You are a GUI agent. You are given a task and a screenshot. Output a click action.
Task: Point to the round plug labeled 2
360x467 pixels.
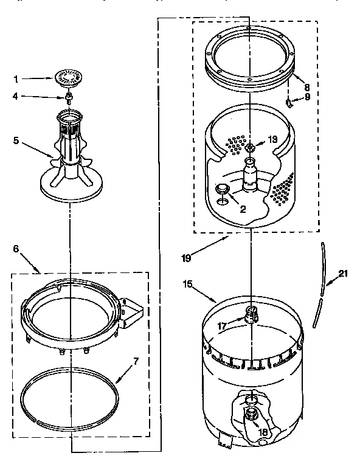click(223, 190)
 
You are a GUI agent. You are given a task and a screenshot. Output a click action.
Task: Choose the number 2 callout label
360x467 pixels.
click(243, 210)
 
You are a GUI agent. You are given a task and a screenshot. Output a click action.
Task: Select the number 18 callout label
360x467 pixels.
click(263, 432)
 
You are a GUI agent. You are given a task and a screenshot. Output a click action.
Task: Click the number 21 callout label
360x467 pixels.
click(343, 274)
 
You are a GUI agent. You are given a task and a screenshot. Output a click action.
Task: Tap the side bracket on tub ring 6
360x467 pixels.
click(132, 307)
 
